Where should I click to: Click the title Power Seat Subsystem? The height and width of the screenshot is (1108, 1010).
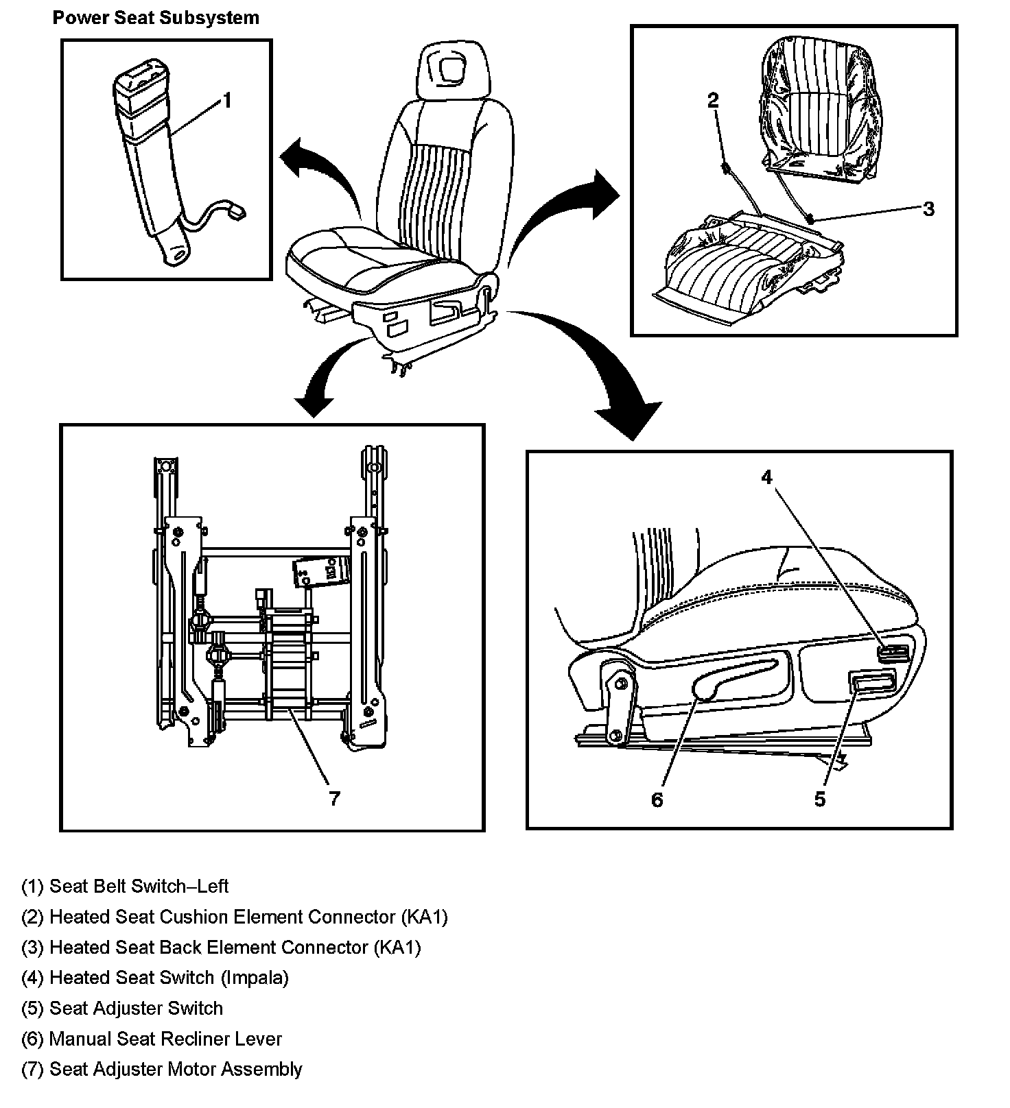tap(156, 18)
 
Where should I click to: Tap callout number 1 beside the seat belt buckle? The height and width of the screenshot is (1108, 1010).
tap(226, 101)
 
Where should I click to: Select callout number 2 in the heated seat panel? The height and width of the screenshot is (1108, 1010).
tap(713, 101)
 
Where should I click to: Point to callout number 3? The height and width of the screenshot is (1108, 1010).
tap(928, 209)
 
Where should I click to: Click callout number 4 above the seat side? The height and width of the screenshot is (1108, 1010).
tap(766, 477)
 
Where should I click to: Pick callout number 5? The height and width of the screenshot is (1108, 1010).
tap(819, 799)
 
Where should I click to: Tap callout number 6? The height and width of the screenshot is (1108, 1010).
tap(657, 799)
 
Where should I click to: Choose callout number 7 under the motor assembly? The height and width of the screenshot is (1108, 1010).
tap(333, 798)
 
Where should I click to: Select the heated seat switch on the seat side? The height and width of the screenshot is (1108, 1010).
tap(893, 652)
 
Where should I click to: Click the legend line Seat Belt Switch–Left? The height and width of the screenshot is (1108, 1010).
tap(126, 886)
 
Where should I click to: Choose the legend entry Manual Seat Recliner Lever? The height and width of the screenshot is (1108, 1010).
tap(152, 1039)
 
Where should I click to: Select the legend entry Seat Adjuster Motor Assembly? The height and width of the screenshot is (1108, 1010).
tap(162, 1069)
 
